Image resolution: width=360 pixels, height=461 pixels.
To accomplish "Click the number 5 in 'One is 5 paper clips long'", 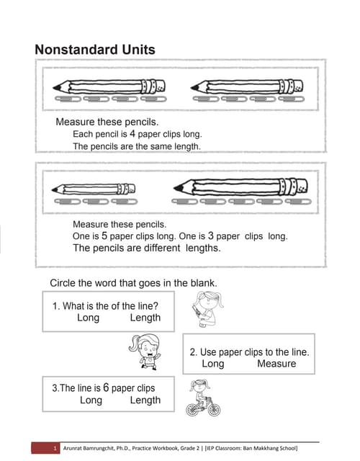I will [104, 236].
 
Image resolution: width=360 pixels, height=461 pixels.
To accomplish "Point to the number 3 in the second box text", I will [211, 236].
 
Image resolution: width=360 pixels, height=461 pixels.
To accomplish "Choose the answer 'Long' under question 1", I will [88, 318].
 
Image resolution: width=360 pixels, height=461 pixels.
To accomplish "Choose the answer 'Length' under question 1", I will [145, 318].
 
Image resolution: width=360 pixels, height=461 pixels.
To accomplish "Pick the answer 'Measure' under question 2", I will [276, 364].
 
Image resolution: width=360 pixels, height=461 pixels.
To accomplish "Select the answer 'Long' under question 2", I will [212, 364].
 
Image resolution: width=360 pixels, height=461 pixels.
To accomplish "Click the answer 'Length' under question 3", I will [145, 400].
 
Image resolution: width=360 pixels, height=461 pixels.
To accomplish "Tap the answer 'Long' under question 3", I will [91, 400].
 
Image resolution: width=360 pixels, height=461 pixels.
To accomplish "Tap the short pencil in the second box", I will [95, 189].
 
